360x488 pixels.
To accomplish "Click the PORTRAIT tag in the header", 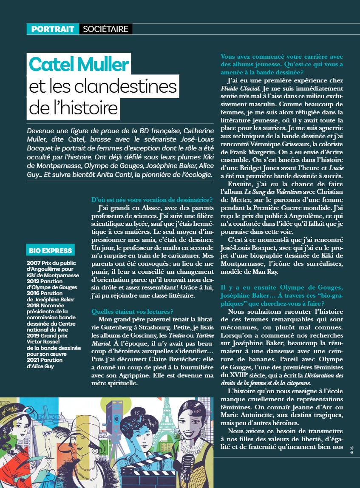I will tap(53, 29).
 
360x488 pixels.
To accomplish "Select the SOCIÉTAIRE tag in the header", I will tap(105, 29).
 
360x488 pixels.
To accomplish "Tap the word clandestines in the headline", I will tap(126, 87).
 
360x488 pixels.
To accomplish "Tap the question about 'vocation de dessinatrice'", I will tap(152, 200).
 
